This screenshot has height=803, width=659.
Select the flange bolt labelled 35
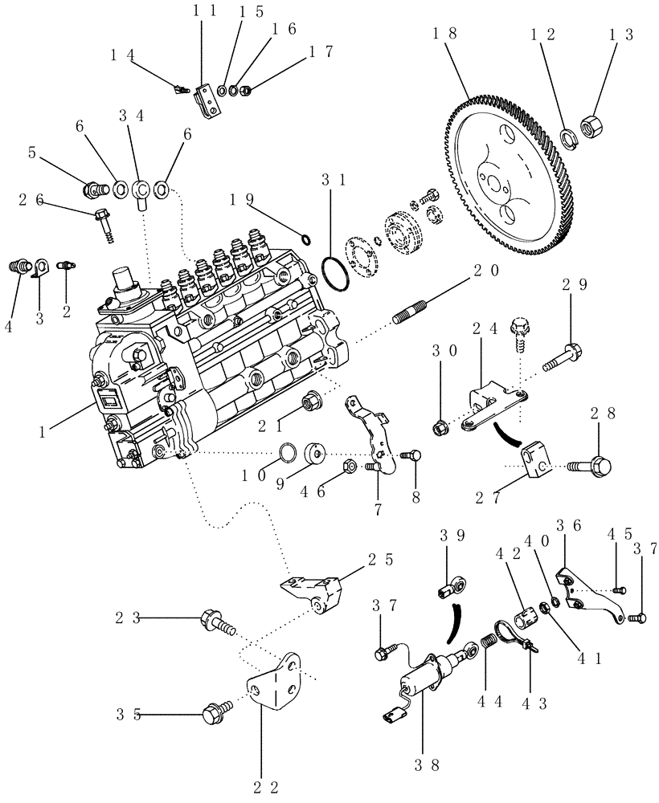pyautogui.click(x=218, y=711)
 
